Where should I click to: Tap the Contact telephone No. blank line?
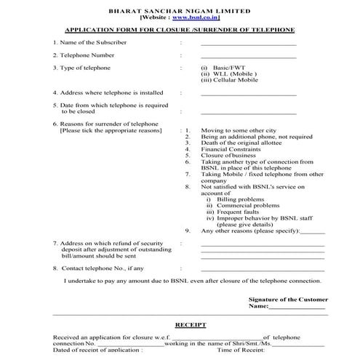click(262, 269)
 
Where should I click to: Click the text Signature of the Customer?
click(287, 300)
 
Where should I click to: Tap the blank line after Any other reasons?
click(313, 231)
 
